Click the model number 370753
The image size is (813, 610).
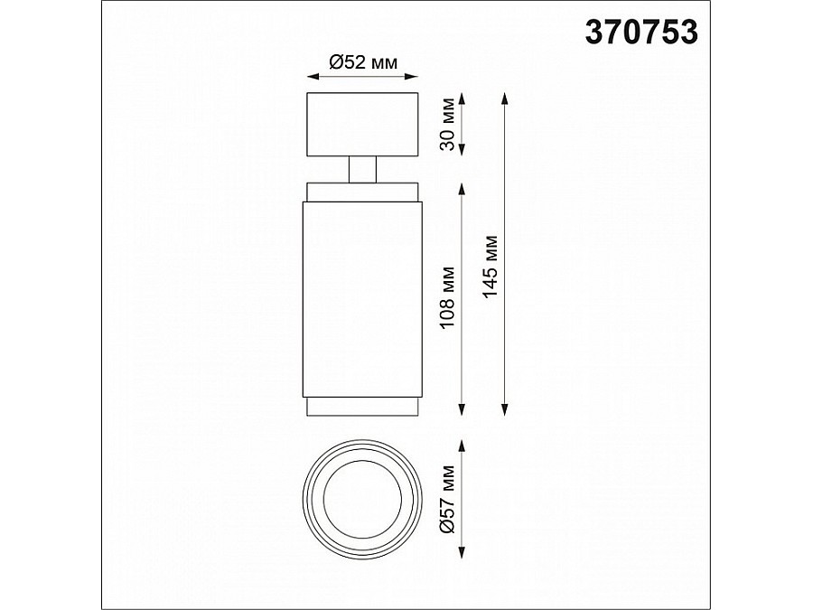[641, 33]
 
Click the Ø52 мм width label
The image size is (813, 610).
[361, 61]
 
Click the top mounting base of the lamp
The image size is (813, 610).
[361, 124]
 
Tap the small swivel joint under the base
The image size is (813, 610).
[361, 169]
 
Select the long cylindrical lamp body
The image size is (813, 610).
[361, 298]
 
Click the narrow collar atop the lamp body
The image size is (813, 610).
[361, 192]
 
